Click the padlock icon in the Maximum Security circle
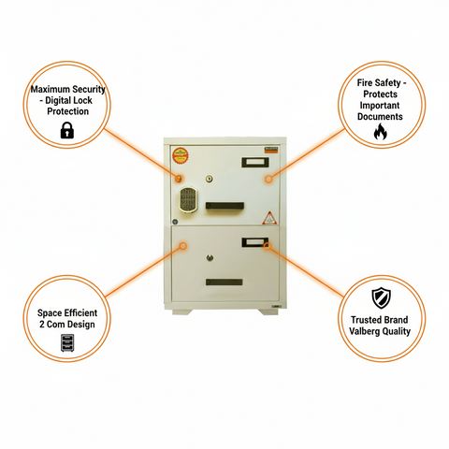tap(66, 132)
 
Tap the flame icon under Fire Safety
tap(379, 133)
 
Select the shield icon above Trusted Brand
tap(380, 298)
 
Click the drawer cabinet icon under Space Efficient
tap(66, 341)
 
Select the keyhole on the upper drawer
tap(210, 180)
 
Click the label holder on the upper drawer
tap(253, 163)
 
